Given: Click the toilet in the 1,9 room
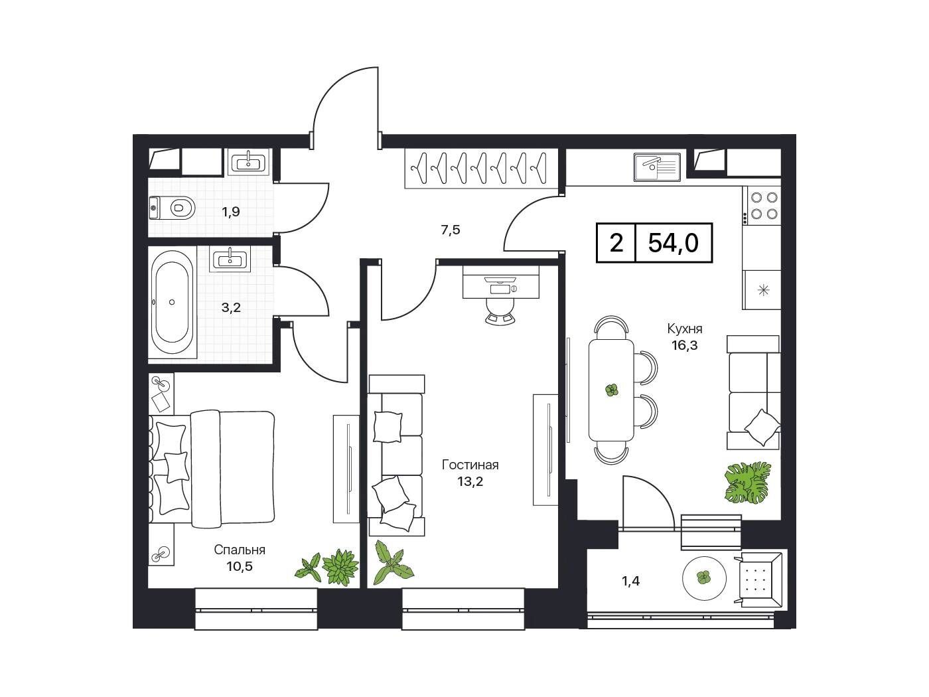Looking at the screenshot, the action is click(173, 208).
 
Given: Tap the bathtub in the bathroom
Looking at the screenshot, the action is click(172, 303).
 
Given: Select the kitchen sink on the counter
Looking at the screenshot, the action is click(657, 167).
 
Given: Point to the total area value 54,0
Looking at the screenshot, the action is click(674, 244).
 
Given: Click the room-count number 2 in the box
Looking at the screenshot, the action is click(616, 244).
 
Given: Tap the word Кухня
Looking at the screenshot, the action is click(684, 329).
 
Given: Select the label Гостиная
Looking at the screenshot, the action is click(470, 465).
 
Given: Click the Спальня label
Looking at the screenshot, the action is click(240, 550).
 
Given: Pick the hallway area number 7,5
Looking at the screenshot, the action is click(451, 230).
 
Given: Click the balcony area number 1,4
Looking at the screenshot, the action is click(630, 581).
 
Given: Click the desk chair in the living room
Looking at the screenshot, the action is click(501, 311).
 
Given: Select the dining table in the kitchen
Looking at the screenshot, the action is click(611, 390).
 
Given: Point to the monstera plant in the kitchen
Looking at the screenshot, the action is click(747, 483).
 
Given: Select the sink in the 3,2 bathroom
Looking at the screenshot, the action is click(230, 259).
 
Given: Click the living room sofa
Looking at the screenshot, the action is click(396, 455).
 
